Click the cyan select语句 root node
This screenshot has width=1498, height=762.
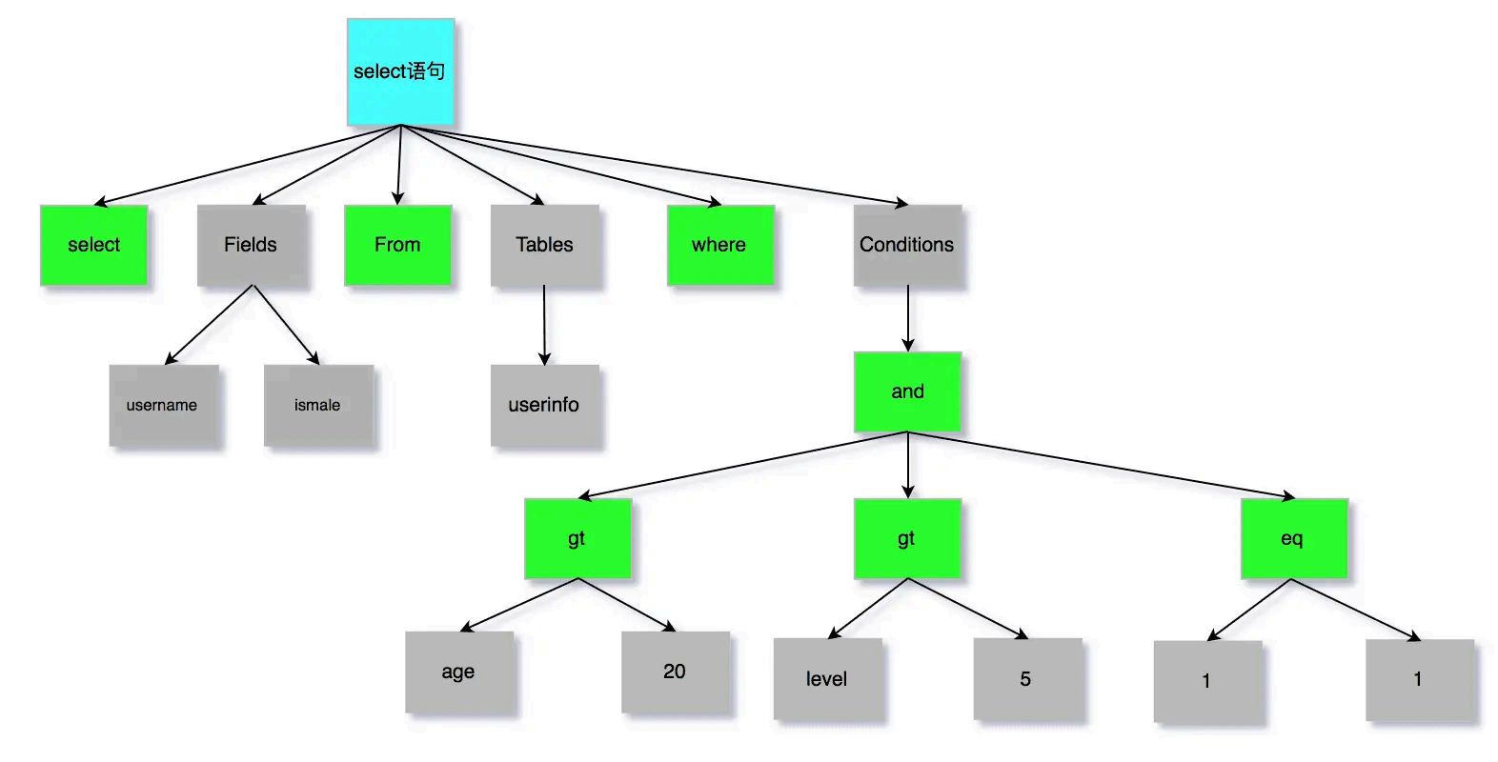click(400, 71)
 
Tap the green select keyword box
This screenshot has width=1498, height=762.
click(93, 245)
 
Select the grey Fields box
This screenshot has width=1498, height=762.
click(252, 245)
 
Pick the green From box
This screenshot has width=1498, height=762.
click(397, 245)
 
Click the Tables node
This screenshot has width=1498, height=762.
click(545, 245)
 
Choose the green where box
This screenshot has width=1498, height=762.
click(719, 245)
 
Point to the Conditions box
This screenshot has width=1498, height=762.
click(907, 245)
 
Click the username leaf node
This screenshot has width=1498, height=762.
click(163, 405)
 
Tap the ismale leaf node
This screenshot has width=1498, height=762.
click(318, 405)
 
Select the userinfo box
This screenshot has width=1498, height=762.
click(545, 405)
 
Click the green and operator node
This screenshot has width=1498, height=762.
click(907, 391)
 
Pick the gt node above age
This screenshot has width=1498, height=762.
click(577, 538)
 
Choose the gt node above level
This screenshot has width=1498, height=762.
click(907, 538)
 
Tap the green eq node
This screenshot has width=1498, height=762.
click(1293, 538)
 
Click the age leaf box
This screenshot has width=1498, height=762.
click(459, 672)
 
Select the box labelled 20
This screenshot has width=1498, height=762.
click(675, 672)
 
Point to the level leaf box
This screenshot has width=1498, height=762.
click(827, 678)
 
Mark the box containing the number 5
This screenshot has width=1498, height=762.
click(1026, 678)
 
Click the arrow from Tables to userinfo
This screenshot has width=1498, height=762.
click(544, 325)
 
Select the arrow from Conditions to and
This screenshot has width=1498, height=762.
click(908, 319)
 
